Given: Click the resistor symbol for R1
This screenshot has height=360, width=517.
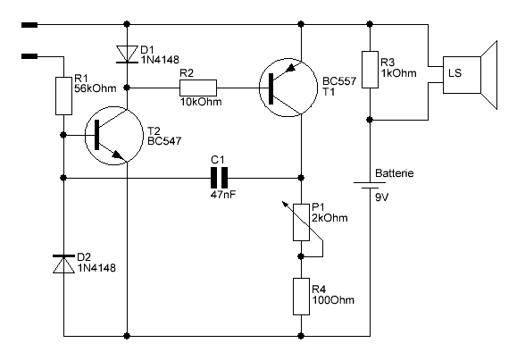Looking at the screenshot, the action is (63, 96).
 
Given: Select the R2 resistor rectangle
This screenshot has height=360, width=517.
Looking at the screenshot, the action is (198, 88).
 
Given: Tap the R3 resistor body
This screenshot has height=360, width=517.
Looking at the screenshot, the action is (370, 70).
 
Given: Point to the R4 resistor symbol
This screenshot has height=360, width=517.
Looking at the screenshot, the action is (302, 297).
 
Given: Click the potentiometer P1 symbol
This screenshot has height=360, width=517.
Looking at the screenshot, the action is (302, 222).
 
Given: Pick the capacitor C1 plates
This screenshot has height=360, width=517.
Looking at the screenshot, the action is (220, 178).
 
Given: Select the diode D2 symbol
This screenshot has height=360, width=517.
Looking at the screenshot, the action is (63, 264).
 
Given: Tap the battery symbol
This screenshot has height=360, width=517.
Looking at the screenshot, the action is (370, 185).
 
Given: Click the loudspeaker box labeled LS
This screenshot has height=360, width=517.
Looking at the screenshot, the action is (462, 75).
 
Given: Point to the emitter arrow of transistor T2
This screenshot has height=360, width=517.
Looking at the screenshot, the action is (117, 155).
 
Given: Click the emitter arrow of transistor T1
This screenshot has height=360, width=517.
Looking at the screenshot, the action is (290, 68).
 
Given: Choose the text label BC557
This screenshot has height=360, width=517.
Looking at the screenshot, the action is (339, 81).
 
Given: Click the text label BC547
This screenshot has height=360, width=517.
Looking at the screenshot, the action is (164, 141).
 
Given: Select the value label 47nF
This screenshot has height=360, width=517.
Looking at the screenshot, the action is (223, 195).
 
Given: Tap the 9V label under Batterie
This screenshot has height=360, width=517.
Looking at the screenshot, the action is (382, 197).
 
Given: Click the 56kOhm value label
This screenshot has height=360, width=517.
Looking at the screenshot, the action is (96, 88).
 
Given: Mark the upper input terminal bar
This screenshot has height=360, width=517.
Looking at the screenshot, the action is (29, 25).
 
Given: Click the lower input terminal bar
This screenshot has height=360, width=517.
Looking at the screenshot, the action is (29, 56).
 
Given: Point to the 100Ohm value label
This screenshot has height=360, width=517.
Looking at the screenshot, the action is (333, 300).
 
